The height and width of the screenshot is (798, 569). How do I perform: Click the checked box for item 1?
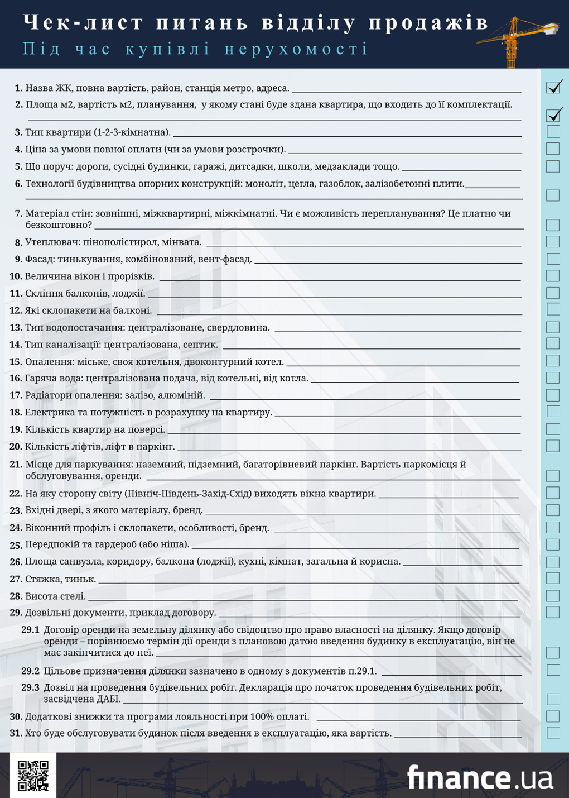click(x=553, y=88)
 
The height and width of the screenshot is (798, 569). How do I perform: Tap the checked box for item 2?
click(x=553, y=116)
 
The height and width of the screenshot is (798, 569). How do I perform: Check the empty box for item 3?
click(x=553, y=132)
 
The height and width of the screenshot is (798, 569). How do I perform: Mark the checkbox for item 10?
click(x=553, y=276)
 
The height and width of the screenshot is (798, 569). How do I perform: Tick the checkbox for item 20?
click(x=553, y=446)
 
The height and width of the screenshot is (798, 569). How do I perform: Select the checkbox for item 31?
click(x=553, y=732)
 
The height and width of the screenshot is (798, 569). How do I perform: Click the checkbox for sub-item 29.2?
click(x=553, y=670)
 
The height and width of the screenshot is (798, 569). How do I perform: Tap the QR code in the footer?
click(x=33, y=775)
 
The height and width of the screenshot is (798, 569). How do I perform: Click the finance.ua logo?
click(x=480, y=777)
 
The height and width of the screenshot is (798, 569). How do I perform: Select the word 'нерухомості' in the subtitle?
click(x=296, y=49)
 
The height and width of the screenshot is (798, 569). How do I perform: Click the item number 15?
click(x=16, y=362)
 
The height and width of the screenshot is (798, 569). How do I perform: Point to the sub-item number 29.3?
click(x=31, y=687)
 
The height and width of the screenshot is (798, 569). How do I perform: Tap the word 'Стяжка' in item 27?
click(x=43, y=579)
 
